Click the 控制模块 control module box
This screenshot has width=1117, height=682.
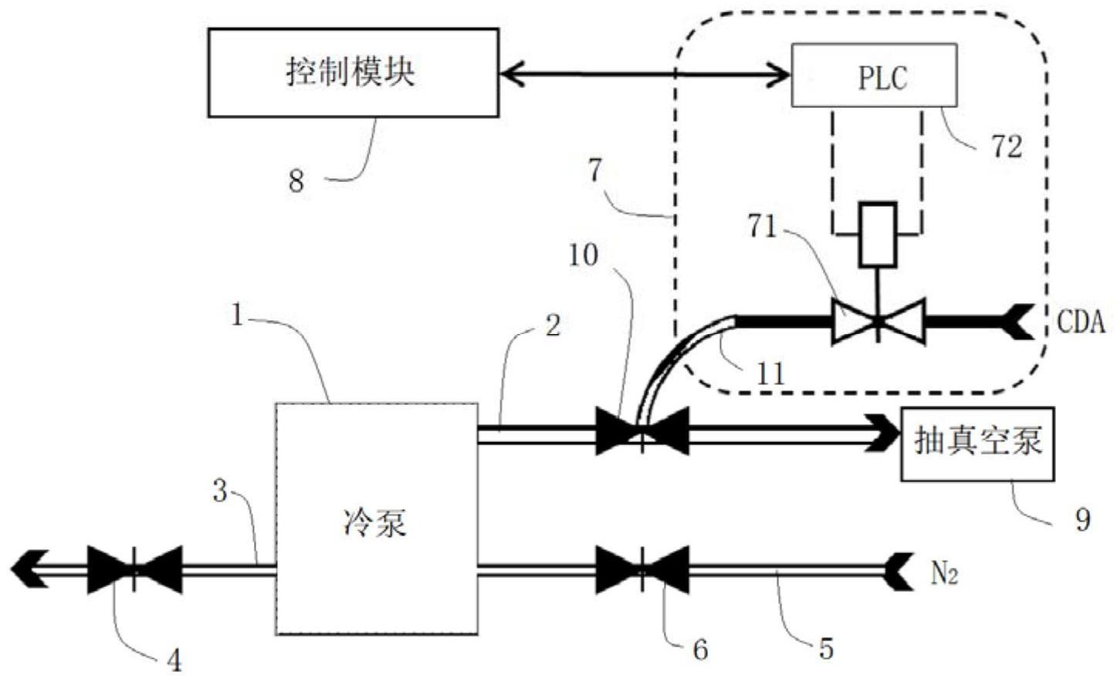pyautogui.click(x=353, y=73)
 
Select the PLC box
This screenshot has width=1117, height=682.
pyautogui.click(x=874, y=75)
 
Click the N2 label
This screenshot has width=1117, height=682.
pyautogui.click(x=944, y=572)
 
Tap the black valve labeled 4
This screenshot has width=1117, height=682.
pyautogui.click(x=135, y=569)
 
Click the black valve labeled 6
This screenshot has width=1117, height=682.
pyautogui.click(x=642, y=569)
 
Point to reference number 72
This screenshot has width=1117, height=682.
pyautogui.click(x=1007, y=146)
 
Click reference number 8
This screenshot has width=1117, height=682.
pyautogui.click(x=296, y=181)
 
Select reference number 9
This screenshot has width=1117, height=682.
pyautogui.click(x=1082, y=519)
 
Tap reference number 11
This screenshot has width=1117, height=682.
pyautogui.click(x=770, y=373)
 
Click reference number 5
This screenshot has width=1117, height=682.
pyautogui.click(x=826, y=648)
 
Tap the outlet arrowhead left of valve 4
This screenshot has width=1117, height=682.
pyautogui.click(x=29, y=569)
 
